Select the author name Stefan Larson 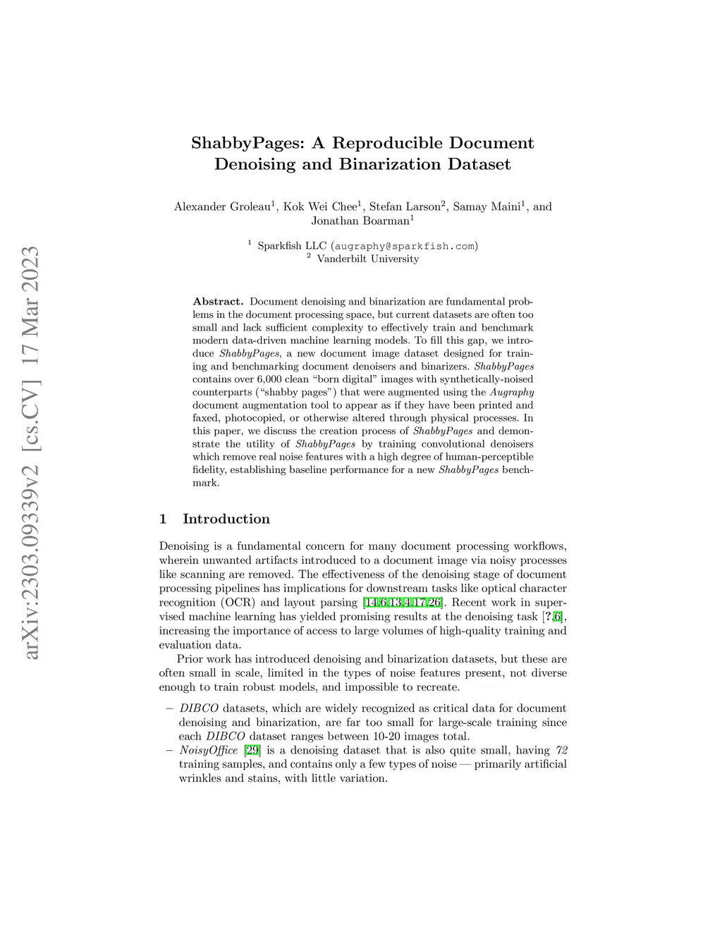[405, 207]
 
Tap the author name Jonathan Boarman [360, 221]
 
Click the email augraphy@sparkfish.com [405, 246]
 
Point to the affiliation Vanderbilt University [367, 259]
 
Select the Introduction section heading [226, 519]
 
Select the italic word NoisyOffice [209, 750]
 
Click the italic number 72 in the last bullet [561, 750]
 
